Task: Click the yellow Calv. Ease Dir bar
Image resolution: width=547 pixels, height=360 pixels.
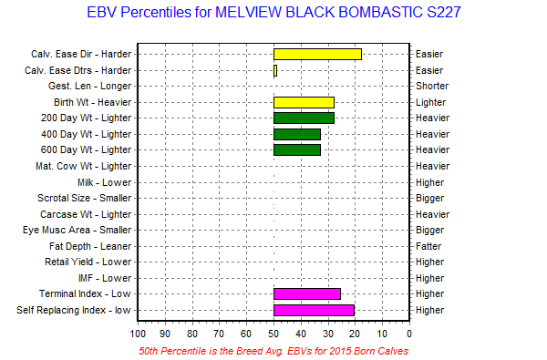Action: (317, 55)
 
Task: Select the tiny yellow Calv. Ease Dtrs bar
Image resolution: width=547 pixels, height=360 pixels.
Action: (275, 71)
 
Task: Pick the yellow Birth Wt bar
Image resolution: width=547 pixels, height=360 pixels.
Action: (304, 103)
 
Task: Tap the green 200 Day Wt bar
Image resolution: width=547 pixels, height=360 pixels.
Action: (304, 118)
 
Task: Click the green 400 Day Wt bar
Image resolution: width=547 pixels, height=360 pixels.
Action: (297, 134)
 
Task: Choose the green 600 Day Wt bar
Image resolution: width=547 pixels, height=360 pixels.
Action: (297, 150)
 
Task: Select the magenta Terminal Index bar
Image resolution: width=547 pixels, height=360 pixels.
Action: (307, 294)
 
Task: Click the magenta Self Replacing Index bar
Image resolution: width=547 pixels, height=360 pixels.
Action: (314, 310)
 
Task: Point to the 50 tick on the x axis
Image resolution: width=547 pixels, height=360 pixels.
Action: (273, 334)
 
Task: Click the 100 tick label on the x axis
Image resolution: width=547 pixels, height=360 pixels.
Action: (138, 334)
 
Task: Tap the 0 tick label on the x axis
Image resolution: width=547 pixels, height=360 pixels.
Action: (409, 334)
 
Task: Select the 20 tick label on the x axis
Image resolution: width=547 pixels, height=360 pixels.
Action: (355, 334)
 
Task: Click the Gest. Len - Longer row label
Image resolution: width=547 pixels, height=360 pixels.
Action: (90, 87)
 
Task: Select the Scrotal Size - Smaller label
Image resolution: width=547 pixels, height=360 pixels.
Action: (85, 198)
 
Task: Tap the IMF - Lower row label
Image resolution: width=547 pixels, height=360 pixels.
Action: (105, 278)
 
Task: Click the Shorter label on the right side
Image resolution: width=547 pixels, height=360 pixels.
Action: (432, 87)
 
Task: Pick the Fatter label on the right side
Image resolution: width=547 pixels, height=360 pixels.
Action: (428, 246)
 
